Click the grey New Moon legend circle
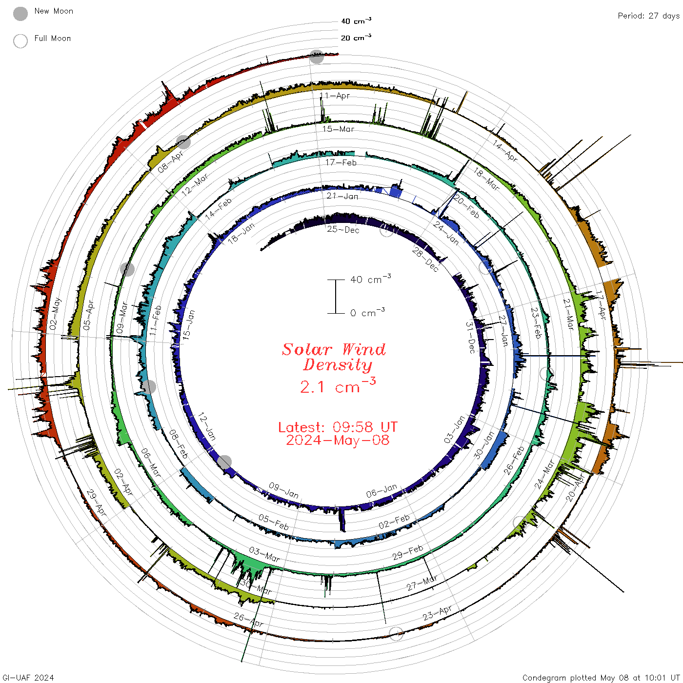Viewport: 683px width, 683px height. (x=20, y=14)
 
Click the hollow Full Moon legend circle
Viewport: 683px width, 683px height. (x=20, y=41)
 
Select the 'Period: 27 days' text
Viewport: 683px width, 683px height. (x=649, y=16)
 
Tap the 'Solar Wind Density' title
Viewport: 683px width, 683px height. (x=334, y=357)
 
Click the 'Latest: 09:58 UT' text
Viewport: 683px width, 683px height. (x=338, y=427)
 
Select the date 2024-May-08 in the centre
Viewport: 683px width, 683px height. (x=338, y=440)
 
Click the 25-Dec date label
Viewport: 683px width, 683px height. (x=343, y=229)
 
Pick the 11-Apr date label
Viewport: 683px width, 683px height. (x=335, y=96)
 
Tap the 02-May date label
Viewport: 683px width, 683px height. (x=55, y=314)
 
